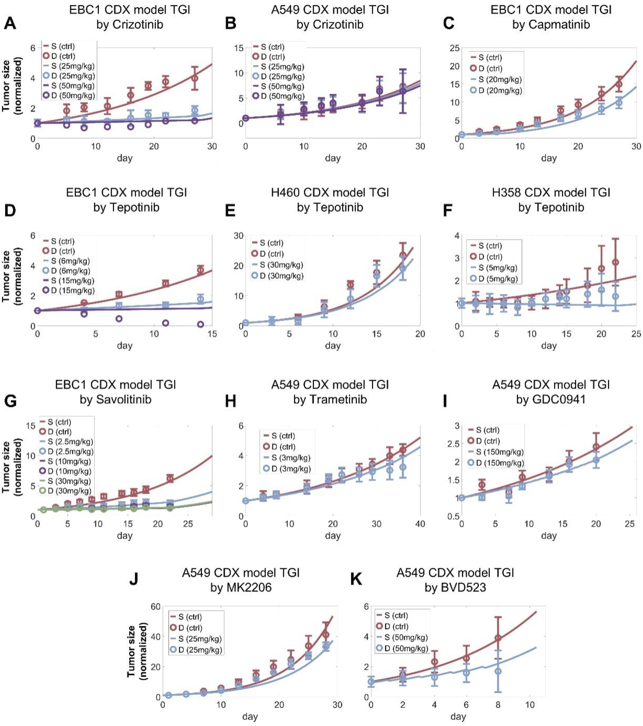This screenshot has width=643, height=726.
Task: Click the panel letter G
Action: point(10,401)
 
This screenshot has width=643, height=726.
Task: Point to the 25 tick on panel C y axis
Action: point(454,48)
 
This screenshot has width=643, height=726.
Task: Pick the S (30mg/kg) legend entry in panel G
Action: point(69,481)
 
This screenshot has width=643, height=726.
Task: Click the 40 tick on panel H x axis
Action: point(420,524)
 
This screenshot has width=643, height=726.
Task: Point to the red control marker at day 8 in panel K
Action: point(498,638)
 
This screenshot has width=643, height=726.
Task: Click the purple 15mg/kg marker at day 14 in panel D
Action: point(200,324)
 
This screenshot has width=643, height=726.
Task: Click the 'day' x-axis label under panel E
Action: point(332,345)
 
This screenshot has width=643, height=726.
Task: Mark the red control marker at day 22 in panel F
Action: point(615,262)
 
